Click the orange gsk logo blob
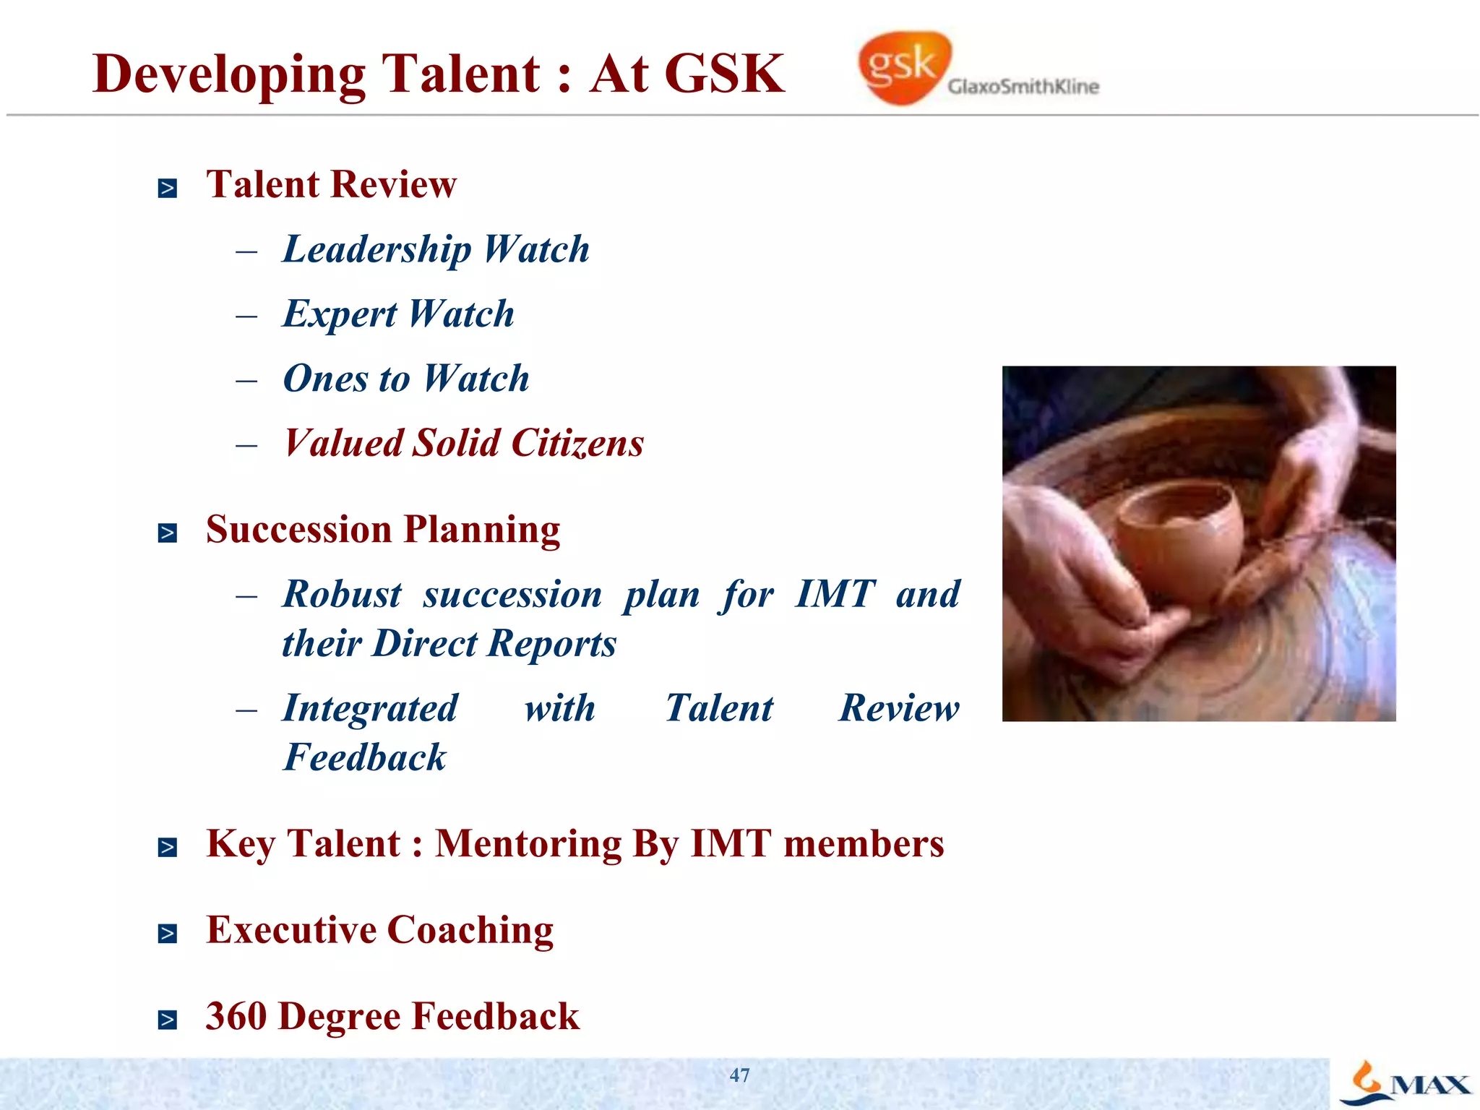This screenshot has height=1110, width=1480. click(x=903, y=67)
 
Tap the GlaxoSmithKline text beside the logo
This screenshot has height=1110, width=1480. click(x=1023, y=87)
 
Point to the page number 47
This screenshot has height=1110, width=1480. click(x=739, y=1075)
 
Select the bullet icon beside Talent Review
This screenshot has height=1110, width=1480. click(x=168, y=189)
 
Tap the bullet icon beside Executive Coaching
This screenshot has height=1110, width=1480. click(x=168, y=934)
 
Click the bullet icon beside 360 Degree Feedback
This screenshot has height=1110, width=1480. click(x=168, y=1020)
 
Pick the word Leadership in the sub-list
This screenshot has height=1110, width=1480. click(x=377, y=250)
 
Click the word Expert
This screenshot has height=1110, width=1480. click(x=340, y=315)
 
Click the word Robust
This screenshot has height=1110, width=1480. click(x=342, y=595)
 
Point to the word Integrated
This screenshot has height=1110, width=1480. click(x=370, y=709)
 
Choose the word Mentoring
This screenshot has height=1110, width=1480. click(x=528, y=844)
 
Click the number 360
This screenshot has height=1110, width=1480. click(x=236, y=1016)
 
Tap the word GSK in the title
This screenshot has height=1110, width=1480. click(x=724, y=74)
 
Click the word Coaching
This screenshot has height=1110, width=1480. click(x=470, y=931)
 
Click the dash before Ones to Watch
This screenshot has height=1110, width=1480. click(x=246, y=381)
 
